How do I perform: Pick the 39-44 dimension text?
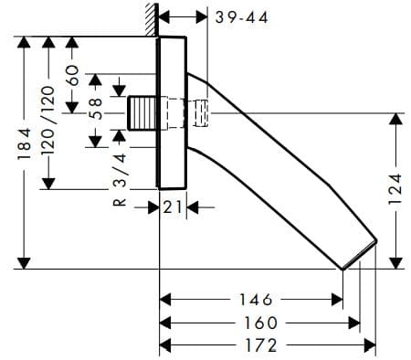pyautogui.click(x=240, y=17)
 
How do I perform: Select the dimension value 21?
pyautogui.click(x=174, y=207)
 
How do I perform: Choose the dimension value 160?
pyautogui.click(x=258, y=323)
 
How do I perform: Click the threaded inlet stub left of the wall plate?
pyautogui.click(x=142, y=113)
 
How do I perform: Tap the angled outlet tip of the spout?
pyautogui.click(x=359, y=256)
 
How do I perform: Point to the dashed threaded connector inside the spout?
pyautogui.click(x=200, y=113)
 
